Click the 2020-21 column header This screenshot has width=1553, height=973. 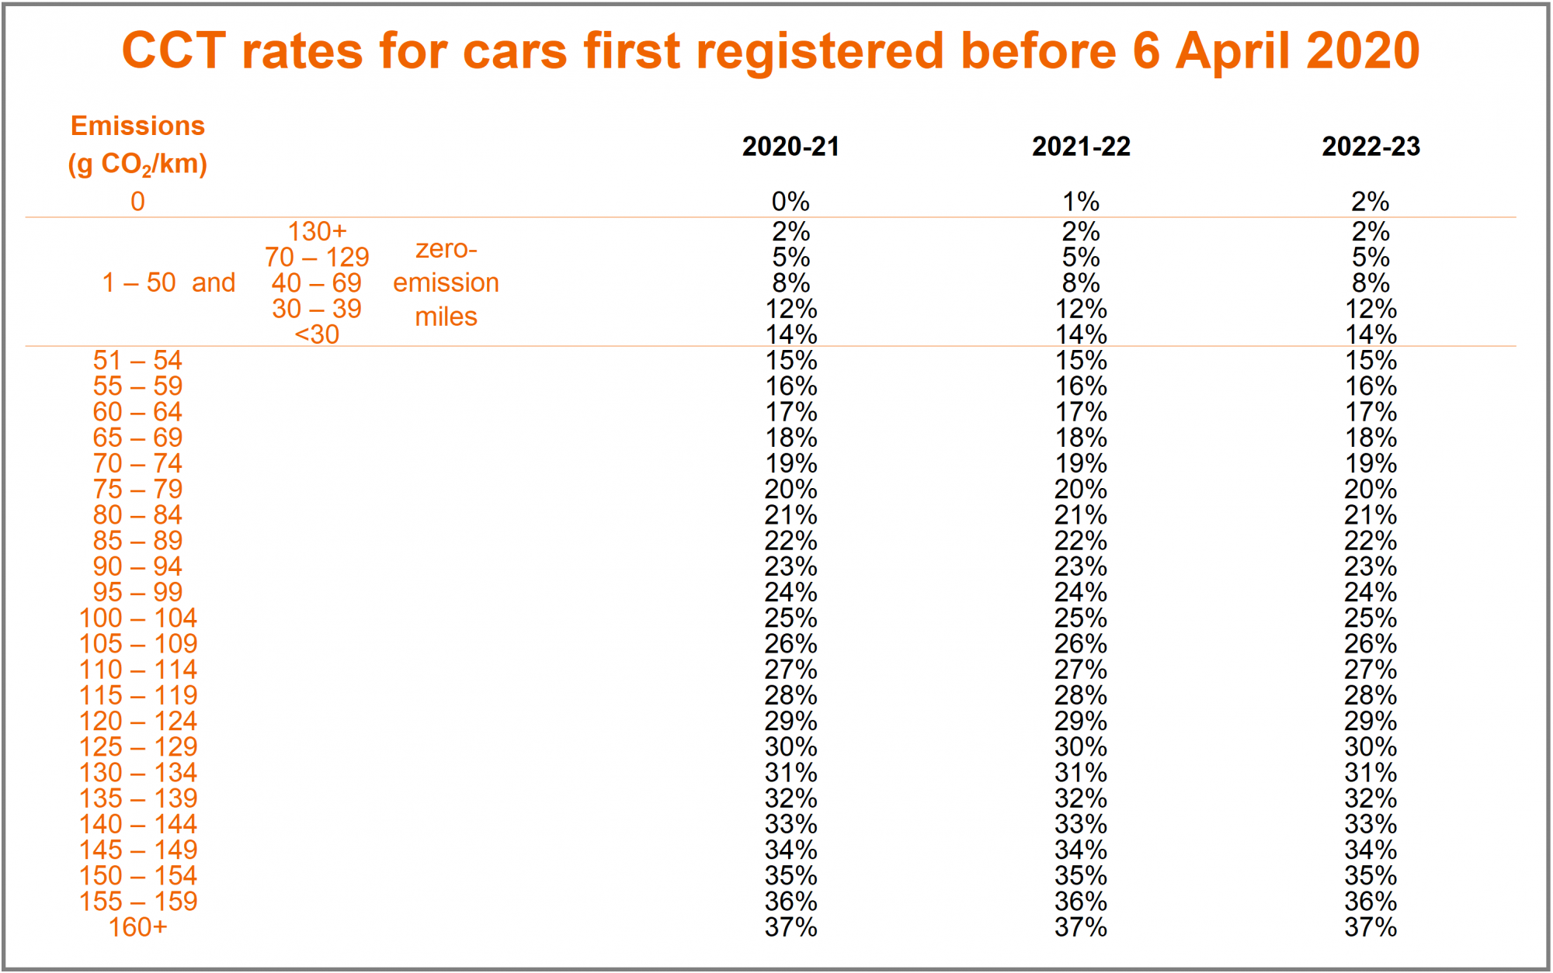790,147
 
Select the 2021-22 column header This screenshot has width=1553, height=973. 1081,147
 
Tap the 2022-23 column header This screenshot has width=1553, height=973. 1371,147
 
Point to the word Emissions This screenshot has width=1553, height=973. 137,126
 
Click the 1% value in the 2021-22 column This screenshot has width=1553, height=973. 1081,202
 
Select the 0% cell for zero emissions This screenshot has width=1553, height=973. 790,202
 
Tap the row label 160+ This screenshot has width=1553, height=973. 137,927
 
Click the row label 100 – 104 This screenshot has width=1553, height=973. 137,618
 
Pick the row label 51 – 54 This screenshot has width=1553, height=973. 137,361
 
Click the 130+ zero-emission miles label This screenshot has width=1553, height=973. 317,231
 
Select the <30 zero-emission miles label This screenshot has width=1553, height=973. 317,334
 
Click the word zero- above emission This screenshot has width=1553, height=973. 446,249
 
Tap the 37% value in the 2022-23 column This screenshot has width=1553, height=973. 1371,927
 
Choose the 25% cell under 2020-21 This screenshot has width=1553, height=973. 790,618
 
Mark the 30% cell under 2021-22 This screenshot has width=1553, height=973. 1081,747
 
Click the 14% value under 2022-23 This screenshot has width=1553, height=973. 1371,334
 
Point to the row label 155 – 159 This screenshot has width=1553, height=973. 137,902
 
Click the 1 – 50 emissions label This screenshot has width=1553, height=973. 139,282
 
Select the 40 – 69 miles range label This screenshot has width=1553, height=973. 317,283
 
